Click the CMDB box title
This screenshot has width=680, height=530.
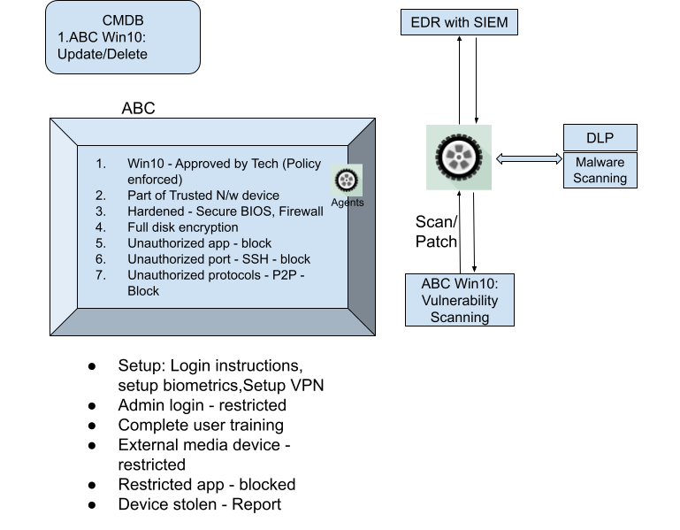point(122,21)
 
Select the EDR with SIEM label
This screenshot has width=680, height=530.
point(458,22)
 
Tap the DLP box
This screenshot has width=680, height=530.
point(600,138)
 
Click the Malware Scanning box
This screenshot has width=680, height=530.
point(600,170)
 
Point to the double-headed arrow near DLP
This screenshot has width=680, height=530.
point(529,159)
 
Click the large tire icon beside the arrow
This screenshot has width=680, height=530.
point(458,157)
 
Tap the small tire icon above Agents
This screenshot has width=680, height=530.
point(348,181)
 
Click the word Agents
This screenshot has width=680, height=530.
point(348,203)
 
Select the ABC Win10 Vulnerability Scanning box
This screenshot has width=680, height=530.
point(459,300)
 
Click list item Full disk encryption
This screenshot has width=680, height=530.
point(182,227)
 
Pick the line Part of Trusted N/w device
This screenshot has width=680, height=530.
point(202,196)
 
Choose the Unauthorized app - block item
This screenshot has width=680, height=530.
point(199,243)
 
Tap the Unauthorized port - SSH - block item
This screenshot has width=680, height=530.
point(218,259)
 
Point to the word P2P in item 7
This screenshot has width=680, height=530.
point(286,275)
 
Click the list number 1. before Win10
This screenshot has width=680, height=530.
point(101,164)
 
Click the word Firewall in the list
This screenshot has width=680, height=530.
point(301,211)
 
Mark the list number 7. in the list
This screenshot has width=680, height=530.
point(101,275)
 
